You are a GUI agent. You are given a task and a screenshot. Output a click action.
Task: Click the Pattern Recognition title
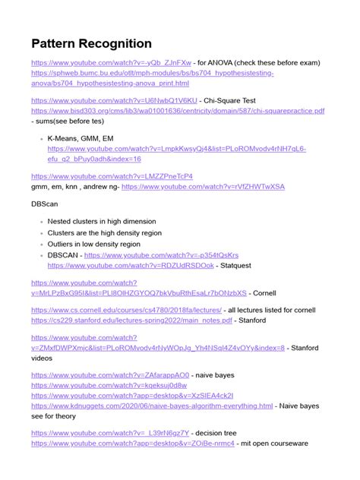[92, 43]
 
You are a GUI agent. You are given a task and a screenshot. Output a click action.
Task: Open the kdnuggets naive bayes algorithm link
[152, 406]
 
